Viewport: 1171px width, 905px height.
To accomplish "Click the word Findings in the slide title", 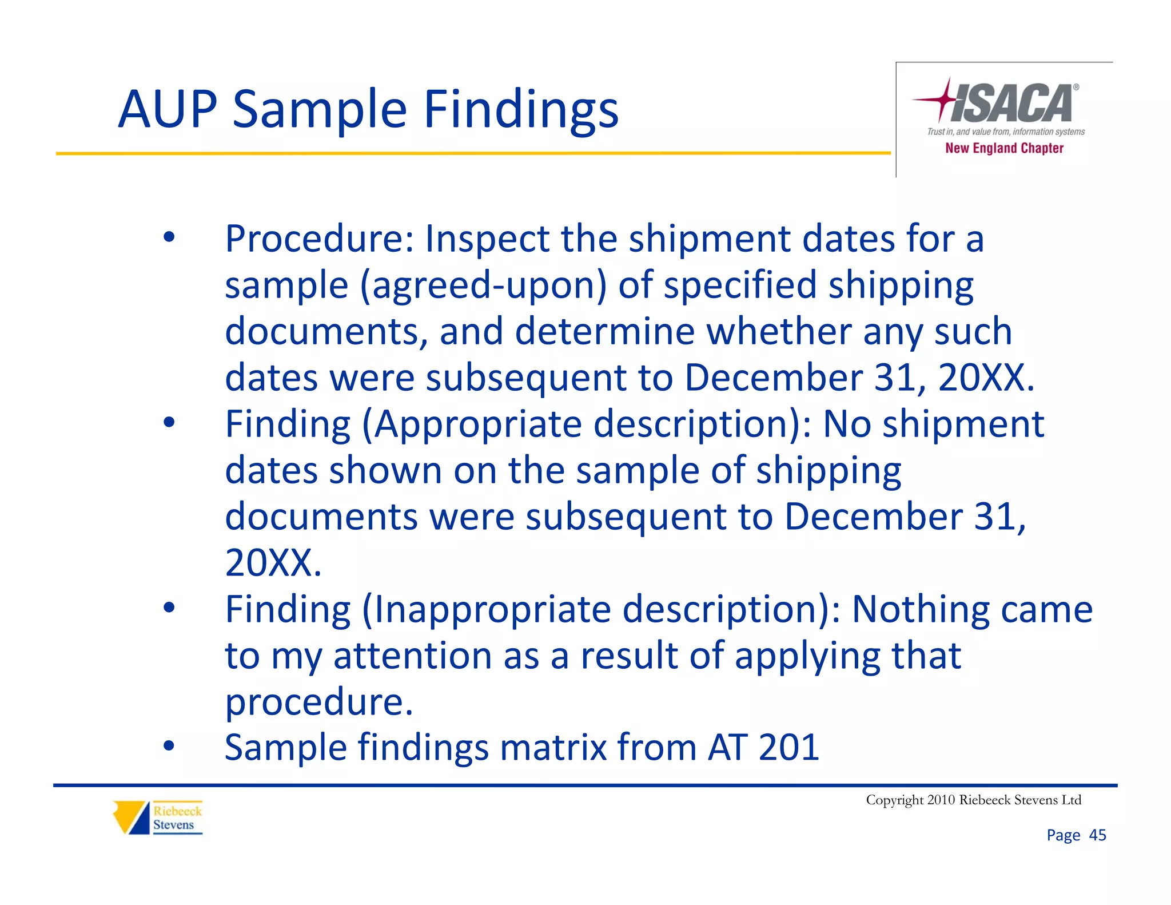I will point(521,110).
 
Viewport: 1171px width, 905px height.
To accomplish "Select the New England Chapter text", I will point(1004,148).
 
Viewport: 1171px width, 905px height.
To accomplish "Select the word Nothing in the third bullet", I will point(921,609).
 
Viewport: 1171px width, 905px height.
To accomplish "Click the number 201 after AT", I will point(788,747).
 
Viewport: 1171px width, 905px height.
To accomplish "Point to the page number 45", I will point(1097,835).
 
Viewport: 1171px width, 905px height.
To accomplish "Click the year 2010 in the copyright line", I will point(941,800).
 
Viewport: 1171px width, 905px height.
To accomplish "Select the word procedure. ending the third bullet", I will point(318,702).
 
